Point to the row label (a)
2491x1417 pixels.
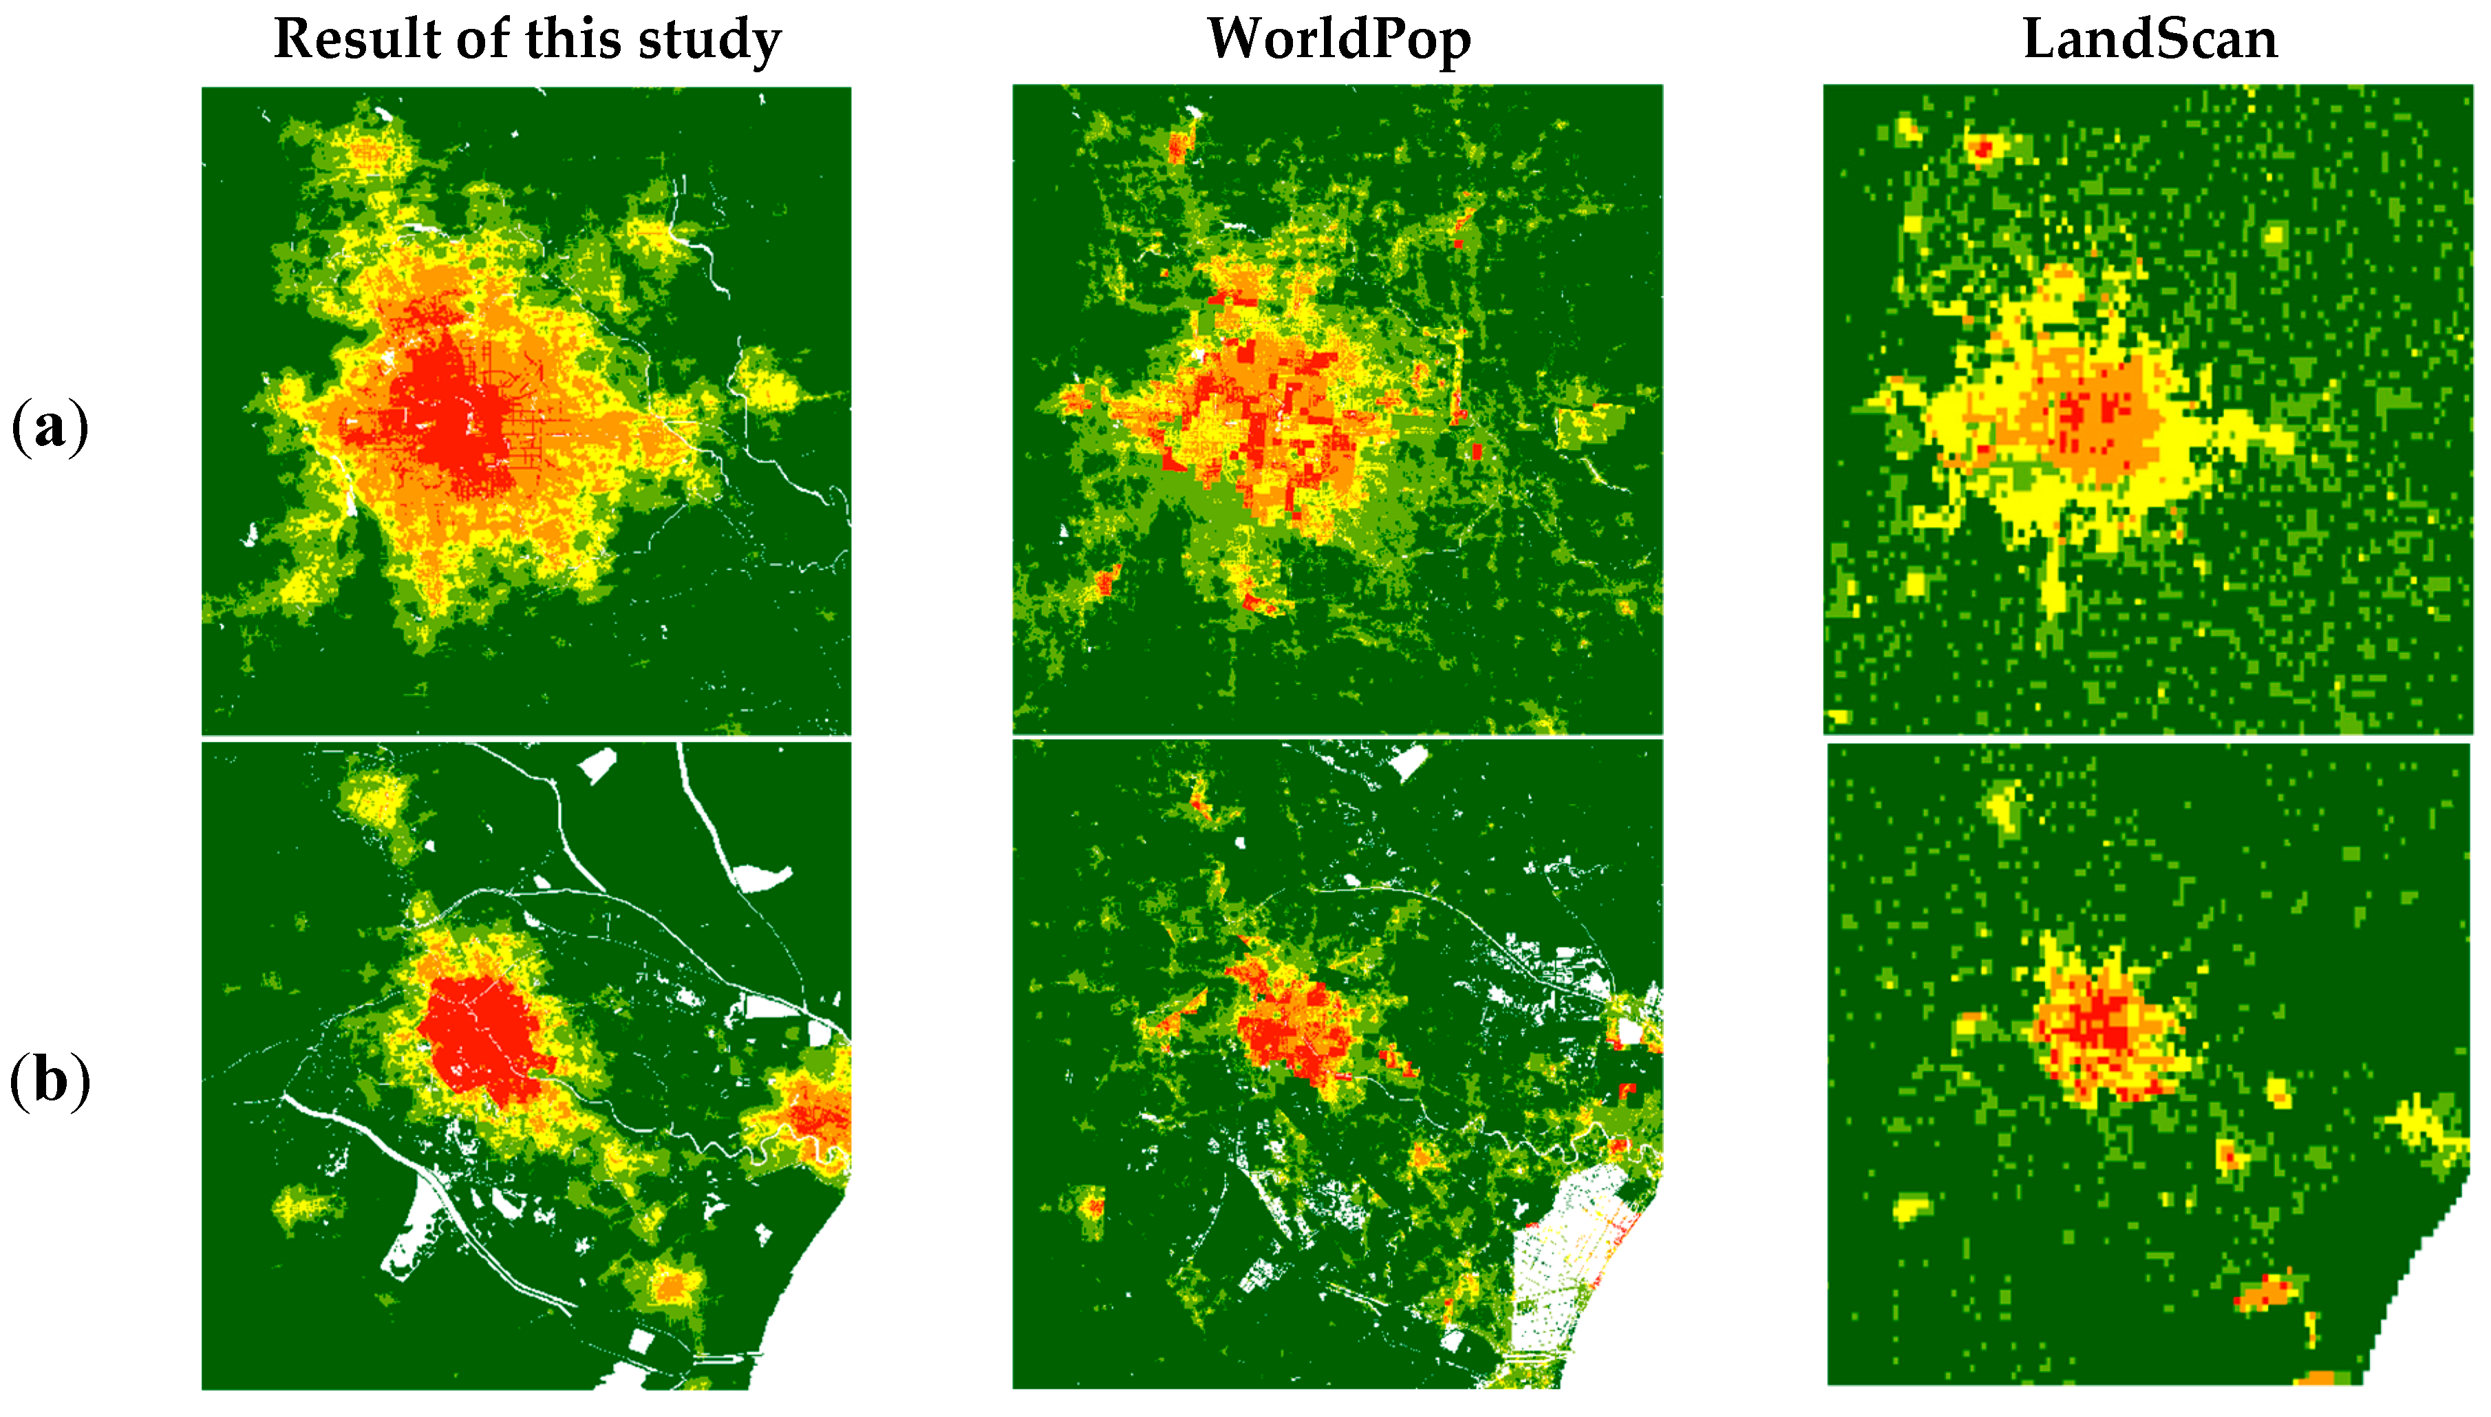coord(50,426)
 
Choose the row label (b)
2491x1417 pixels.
coord(50,1080)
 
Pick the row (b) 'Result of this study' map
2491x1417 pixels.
coord(526,1065)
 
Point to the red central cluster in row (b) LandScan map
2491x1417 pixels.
coord(2106,1027)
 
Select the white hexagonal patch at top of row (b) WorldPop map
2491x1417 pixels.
coord(1410,761)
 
